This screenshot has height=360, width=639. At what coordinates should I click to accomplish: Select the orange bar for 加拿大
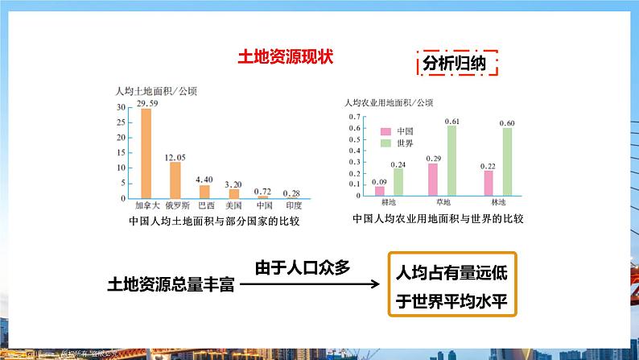(146, 153)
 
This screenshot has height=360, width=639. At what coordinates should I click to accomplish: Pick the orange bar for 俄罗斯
(175, 180)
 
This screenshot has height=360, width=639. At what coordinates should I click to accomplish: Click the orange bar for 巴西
(204, 192)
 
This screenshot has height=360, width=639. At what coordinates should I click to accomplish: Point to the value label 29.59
(146, 103)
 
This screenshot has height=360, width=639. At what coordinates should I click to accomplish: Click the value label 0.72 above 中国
(262, 190)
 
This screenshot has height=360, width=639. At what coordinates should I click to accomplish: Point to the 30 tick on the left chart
(120, 107)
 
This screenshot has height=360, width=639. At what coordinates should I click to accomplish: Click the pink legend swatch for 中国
(385, 131)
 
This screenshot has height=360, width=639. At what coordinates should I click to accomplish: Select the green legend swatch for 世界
(385, 143)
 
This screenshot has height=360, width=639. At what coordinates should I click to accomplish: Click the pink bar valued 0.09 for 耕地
(380, 192)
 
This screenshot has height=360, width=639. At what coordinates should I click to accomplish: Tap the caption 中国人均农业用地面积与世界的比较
(439, 219)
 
